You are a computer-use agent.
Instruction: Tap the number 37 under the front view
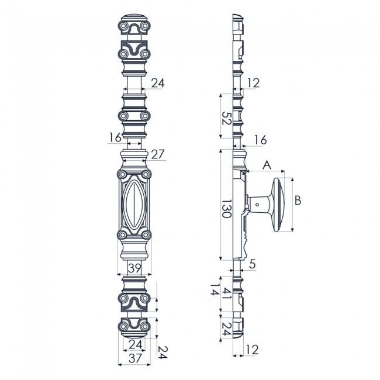[135, 357]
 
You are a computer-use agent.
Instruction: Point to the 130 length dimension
[226, 207]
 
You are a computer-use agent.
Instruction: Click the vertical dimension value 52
[226, 121]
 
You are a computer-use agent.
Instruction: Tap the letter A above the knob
[267, 165]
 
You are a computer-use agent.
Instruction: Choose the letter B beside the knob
[298, 201]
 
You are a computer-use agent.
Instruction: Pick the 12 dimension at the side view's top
[253, 84]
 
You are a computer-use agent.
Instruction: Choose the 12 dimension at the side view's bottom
[253, 350]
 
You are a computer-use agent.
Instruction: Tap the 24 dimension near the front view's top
[158, 84]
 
